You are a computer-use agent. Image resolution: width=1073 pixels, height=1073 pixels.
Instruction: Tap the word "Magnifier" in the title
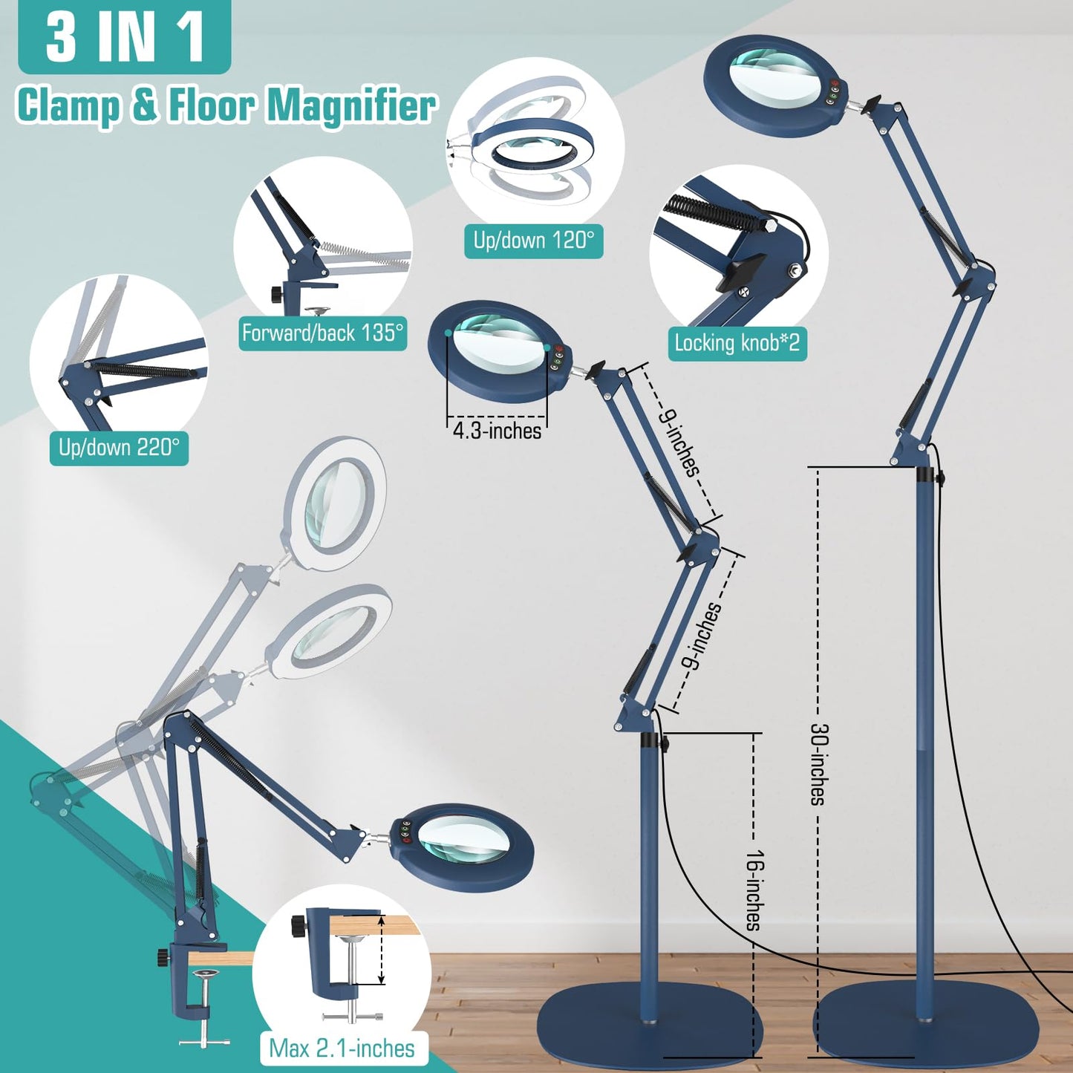(x=351, y=105)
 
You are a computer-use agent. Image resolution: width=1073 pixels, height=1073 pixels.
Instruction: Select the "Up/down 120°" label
(x=533, y=241)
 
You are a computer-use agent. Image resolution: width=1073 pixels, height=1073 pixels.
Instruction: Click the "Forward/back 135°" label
(x=322, y=333)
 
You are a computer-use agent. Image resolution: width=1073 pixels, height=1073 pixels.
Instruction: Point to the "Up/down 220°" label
(x=119, y=447)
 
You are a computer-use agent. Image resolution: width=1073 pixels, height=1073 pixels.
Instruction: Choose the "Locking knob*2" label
(x=737, y=343)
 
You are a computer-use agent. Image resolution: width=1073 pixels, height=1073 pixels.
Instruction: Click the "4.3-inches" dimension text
(x=497, y=431)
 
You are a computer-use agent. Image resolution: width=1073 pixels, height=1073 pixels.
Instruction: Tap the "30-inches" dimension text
(x=818, y=764)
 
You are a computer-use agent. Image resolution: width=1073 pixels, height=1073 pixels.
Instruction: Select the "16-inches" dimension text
(x=754, y=890)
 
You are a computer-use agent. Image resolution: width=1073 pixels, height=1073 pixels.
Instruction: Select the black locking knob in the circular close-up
(x=740, y=271)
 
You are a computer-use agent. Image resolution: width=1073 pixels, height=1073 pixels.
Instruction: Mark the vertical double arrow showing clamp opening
(x=381, y=950)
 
